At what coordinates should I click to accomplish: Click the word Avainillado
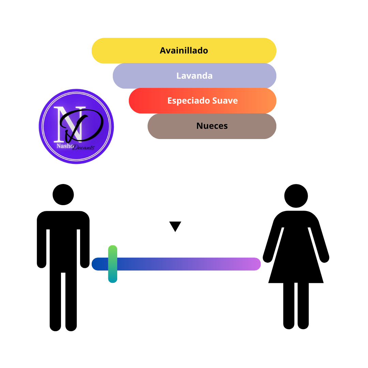point(184,50)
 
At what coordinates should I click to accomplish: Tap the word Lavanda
point(194,76)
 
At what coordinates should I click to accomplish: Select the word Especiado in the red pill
point(188,101)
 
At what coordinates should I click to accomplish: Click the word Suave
point(225,101)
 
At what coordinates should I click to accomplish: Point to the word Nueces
point(212,126)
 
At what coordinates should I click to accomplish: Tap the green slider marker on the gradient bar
point(113,264)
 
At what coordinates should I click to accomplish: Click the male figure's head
point(63,195)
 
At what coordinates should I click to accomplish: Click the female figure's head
point(296,196)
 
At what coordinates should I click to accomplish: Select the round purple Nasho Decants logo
point(76,126)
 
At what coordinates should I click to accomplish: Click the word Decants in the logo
point(83,148)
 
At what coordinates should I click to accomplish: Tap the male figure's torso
point(63,242)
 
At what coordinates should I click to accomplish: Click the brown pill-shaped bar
point(212,126)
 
